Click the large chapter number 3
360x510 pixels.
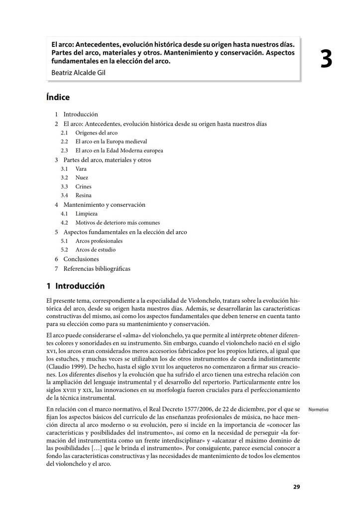click(326, 60)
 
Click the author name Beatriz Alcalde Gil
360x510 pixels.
click(78, 73)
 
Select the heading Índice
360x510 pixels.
click(58, 97)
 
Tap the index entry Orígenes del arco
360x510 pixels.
click(96, 133)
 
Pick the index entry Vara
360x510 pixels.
click(81, 169)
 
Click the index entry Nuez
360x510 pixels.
click(82, 178)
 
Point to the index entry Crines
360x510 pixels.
click(83, 187)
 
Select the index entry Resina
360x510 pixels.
click(83, 196)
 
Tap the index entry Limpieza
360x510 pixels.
click(86, 214)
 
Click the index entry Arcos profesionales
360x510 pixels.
click(99, 241)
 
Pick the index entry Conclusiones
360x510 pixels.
click(81, 259)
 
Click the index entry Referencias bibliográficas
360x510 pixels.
click(97, 268)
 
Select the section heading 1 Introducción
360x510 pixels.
click(76, 286)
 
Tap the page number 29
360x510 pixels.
click(296, 487)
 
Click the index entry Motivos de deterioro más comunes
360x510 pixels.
click(118, 223)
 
